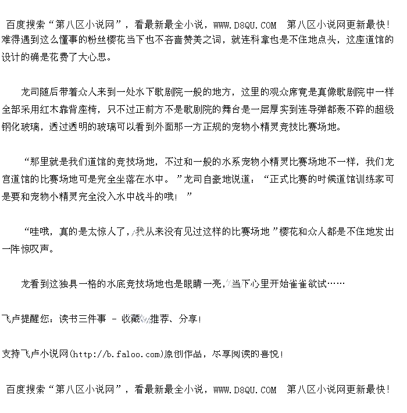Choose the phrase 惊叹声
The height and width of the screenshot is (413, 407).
pyautogui.click(x=41, y=249)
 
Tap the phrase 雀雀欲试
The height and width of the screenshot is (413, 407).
pyautogui.click(x=308, y=284)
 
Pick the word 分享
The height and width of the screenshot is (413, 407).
pyautogui.click(x=188, y=319)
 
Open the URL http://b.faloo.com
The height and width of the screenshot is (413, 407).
pyautogui.click(x=117, y=354)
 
